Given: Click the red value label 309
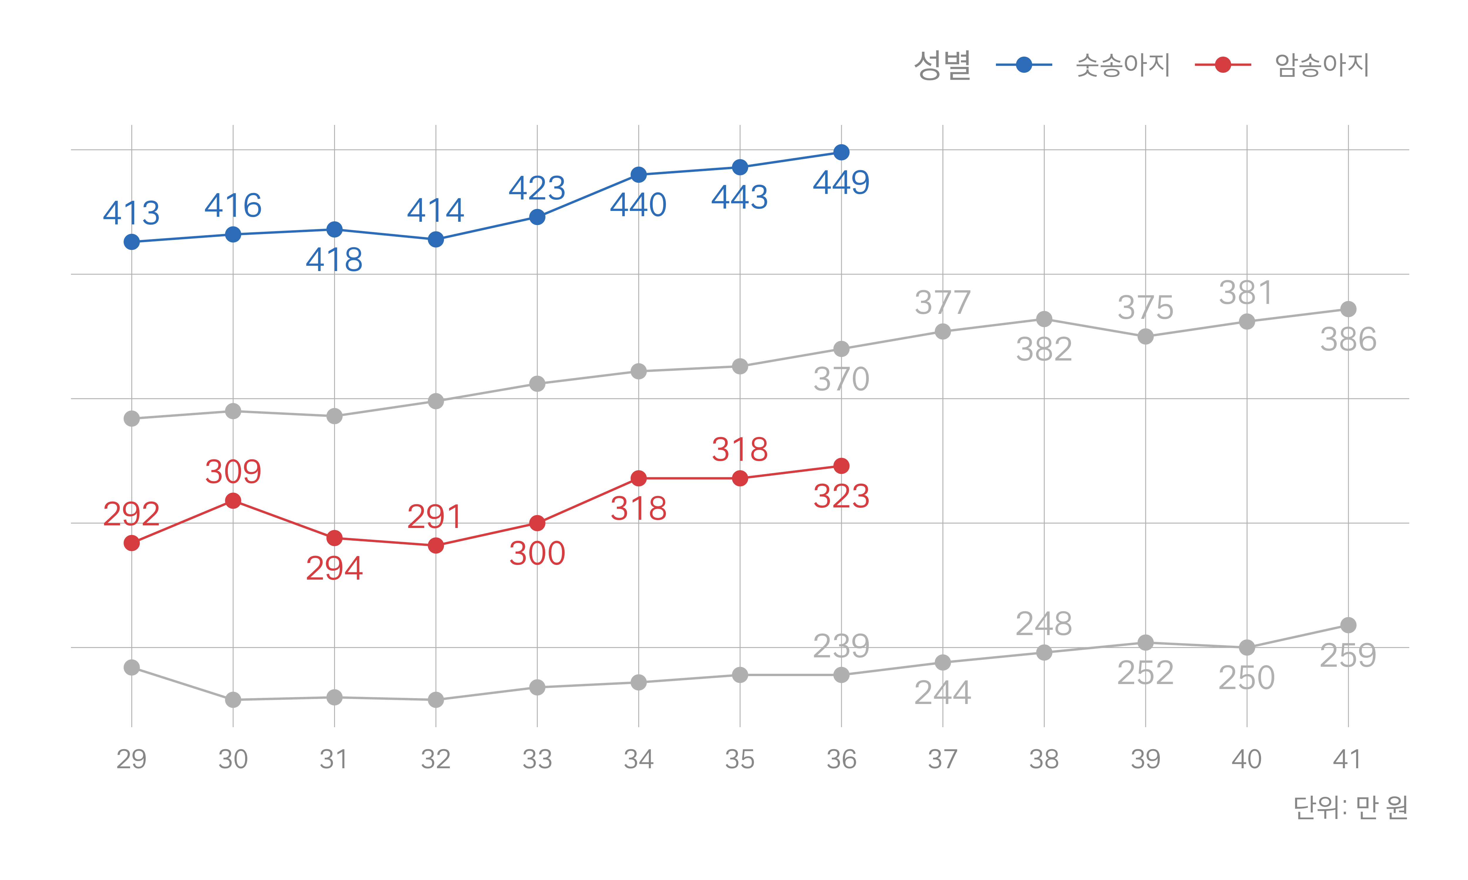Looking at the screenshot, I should (233, 472).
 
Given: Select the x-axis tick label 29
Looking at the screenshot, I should (131, 759).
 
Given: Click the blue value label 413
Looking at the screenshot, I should (131, 213).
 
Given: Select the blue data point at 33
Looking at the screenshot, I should (537, 217).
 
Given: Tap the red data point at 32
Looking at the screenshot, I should (435, 545).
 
